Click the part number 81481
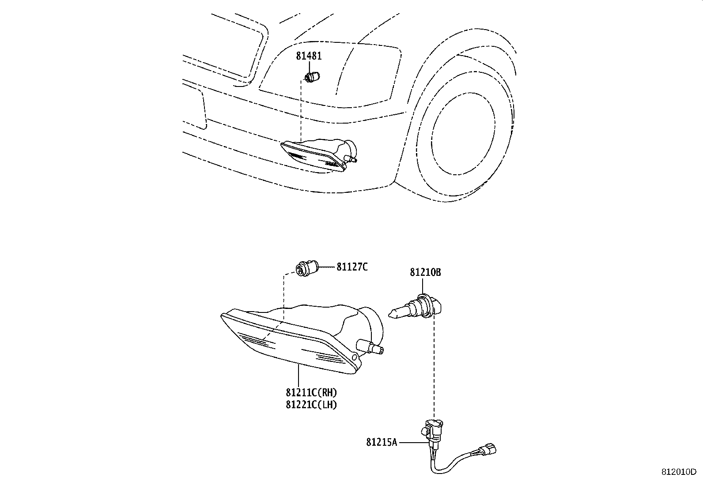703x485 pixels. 309,56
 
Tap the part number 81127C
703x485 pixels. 352,267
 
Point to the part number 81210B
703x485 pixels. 425,272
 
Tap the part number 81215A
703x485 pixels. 382,441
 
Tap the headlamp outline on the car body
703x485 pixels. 331,73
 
